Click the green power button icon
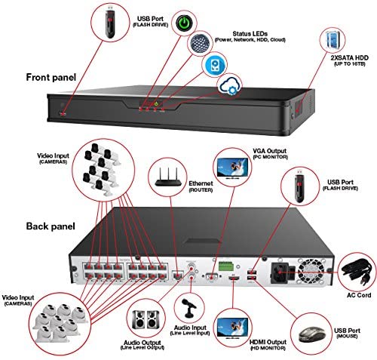coord(184,23)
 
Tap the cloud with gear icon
coord(230,86)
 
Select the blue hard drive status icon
coord(214,65)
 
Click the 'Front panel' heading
coord(51,77)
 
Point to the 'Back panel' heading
coord(51,226)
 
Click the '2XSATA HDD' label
coord(349,57)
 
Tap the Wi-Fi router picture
coord(168,177)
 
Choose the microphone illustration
coord(190,308)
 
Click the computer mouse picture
coord(312,334)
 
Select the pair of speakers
coord(146,319)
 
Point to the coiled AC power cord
coord(357,272)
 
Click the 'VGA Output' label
coord(269,151)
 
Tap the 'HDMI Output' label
coord(268,342)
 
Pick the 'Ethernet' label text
coord(201,183)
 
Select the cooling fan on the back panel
coord(310,270)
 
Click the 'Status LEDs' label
coord(250,34)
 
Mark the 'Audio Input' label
coord(190,328)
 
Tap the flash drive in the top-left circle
coord(110,23)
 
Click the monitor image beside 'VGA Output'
coord(232,168)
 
